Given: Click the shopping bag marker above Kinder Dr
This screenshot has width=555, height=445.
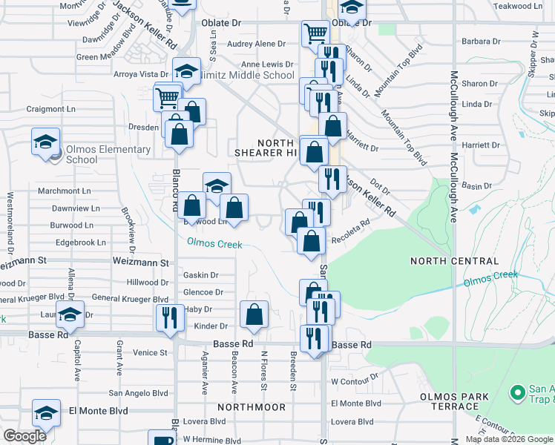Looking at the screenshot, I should pyautogui.click(x=254, y=314).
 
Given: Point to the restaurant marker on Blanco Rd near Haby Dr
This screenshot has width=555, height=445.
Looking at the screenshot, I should pyautogui.click(x=171, y=317).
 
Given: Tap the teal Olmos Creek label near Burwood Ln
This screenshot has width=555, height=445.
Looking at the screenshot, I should pyautogui.click(x=214, y=242).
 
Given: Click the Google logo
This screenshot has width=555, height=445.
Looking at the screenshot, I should pyautogui.click(x=24, y=436).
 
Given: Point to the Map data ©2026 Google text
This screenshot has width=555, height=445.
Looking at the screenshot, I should pyautogui.click(x=509, y=439).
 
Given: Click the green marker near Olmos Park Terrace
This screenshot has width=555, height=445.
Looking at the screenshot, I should pyautogui.click(x=518, y=391).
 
